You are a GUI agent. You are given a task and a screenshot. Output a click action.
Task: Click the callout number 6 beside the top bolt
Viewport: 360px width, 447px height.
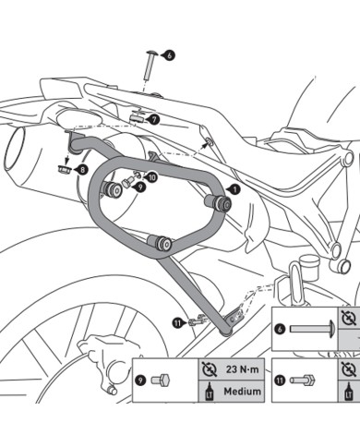tap(169, 55)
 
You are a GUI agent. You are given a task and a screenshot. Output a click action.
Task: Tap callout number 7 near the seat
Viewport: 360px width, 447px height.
tap(154, 119)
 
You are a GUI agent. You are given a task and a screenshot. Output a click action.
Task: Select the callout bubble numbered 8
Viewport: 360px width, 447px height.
tap(82, 169)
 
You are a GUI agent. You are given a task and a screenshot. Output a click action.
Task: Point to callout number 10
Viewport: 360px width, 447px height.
tap(151, 175)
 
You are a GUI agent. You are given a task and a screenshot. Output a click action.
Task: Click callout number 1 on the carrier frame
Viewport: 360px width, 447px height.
tap(232, 188)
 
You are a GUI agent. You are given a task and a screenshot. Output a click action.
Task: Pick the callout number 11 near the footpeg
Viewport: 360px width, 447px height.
tap(176, 322)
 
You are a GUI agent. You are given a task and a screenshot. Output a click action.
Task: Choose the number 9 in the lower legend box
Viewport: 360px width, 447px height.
tap(140, 380)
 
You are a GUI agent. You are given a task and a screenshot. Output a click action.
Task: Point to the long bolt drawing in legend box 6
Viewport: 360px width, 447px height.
tap(307, 328)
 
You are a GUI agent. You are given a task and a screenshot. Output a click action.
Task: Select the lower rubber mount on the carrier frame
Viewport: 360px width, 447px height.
tap(165, 244)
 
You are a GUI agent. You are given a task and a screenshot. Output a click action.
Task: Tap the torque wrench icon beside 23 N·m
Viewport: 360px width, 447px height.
tap(207, 368)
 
